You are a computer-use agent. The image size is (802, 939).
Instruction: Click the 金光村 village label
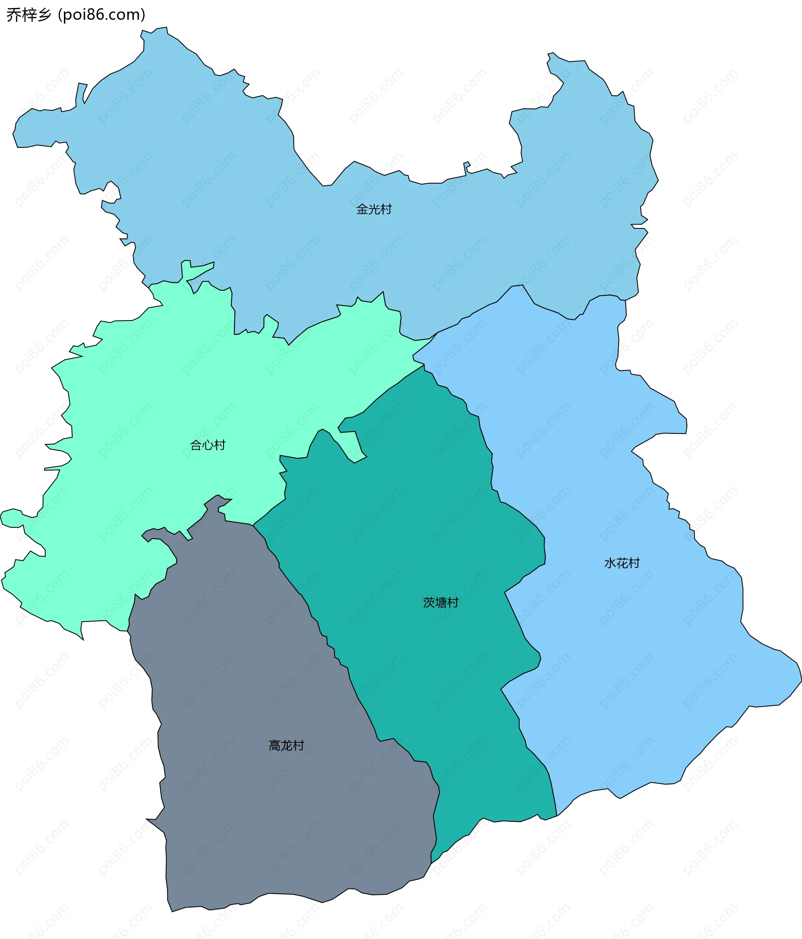[x=373, y=209]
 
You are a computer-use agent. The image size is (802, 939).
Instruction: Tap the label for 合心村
[x=208, y=445]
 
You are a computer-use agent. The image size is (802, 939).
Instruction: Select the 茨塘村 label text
[x=441, y=602]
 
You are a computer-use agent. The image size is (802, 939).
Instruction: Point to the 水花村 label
[x=622, y=563]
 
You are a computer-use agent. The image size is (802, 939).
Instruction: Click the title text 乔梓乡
[x=28, y=15]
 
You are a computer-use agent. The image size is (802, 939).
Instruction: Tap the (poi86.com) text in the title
[x=102, y=15]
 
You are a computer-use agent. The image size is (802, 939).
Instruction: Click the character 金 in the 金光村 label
[x=362, y=209]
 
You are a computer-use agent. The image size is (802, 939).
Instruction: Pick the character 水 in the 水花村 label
[x=610, y=563]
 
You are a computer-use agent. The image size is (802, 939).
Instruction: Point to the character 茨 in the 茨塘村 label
[x=429, y=602]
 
